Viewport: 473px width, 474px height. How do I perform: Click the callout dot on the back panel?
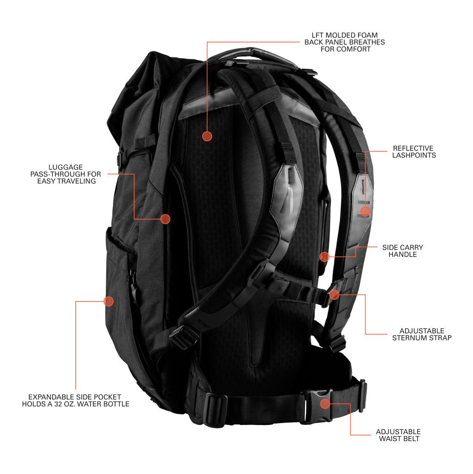(207, 136)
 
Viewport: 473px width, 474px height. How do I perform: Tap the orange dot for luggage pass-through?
(165, 219)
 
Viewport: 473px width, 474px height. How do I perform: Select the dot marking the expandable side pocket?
(109, 301)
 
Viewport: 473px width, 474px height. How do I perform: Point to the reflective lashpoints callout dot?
(365, 211)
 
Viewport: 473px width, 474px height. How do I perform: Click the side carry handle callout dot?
(324, 257)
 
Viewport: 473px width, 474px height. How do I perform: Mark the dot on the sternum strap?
(334, 295)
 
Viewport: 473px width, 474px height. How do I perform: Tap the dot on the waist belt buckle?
(325, 404)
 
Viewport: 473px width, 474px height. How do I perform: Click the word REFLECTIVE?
(413, 148)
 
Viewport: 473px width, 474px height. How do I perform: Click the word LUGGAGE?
(66, 167)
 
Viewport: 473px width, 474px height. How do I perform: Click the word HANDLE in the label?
(403, 254)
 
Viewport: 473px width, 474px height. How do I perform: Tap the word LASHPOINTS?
(414, 155)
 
